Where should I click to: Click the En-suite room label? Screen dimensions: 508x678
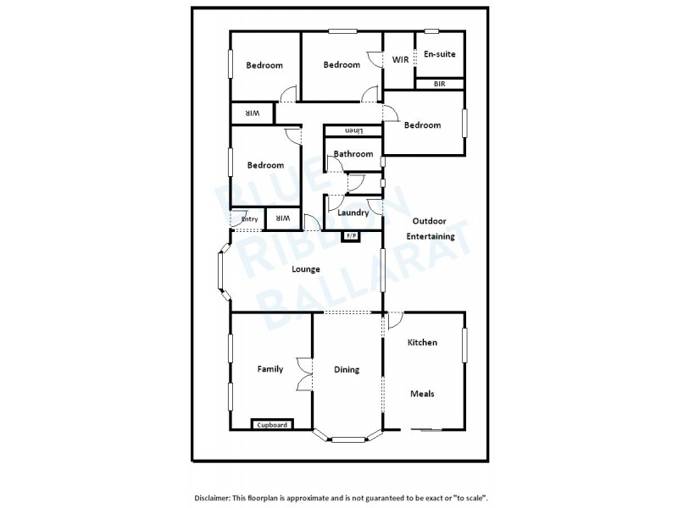(x=439, y=54)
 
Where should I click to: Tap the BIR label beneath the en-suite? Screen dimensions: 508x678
(x=439, y=84)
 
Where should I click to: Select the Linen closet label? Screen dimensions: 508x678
(x=353, y=131)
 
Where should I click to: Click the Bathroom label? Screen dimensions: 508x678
(x=353, y=154)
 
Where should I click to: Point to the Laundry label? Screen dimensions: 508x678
(x=353, y=213)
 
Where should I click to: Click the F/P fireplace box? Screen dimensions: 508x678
(x=349, y=235)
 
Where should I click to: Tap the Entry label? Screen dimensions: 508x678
(x=249, y=219)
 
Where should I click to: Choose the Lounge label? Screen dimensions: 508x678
(x=306, y=269)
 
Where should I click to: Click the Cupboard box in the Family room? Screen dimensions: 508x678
(x=272, y=424)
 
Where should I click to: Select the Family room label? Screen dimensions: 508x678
(x=270, y=369)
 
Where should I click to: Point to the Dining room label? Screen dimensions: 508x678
(x=347, y=369)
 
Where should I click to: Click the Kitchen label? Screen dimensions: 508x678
(x=422, y=342)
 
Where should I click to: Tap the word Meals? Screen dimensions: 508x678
(x=422, y=394)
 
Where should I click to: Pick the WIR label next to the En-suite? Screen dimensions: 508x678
(x=400, y=59)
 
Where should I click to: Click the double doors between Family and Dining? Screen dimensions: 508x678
(x=304, y=373)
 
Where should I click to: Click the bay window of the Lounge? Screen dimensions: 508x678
(x=221, y=273)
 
